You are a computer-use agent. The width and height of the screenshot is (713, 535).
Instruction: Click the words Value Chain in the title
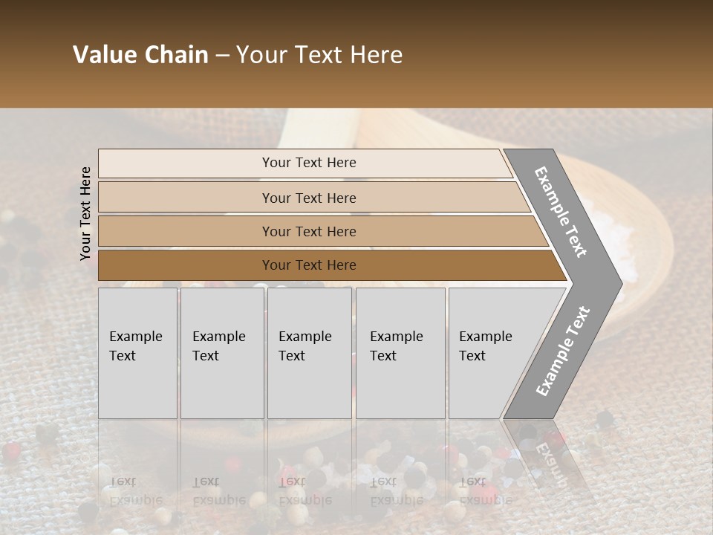[x=140, y=55]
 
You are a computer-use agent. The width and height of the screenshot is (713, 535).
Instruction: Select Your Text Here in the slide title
[x=319, y=55]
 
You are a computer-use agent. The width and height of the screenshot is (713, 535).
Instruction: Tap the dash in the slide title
[x=222, y=56]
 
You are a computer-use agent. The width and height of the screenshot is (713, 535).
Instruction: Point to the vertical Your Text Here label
[x=85, y=213]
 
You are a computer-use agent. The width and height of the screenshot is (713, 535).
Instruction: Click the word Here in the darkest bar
[x=340, y=265]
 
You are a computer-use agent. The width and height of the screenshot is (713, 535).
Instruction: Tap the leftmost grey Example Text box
[x=137, y=353]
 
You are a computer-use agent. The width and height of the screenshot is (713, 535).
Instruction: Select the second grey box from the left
[x=222, y=353]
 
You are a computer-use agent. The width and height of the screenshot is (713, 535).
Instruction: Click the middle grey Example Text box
[x=309, y=353]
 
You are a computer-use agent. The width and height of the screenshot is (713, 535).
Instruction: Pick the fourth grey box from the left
[x=400, y=353]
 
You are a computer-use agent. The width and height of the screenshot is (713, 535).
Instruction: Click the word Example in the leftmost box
[x=135, y=337]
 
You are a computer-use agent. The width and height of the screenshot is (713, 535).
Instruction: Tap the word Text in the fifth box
[x=472, y=356]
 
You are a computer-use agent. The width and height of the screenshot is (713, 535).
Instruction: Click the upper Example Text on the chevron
[x=561, y=212]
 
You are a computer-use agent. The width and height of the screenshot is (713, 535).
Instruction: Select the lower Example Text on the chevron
[x=563, y=351]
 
